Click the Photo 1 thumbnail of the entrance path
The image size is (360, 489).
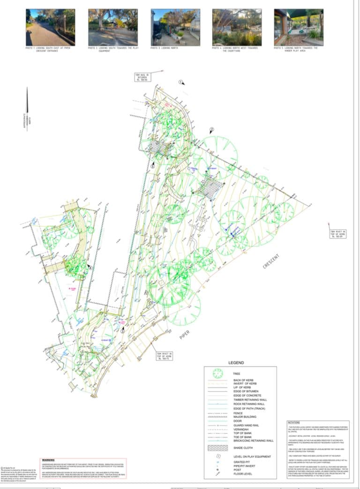point(50,27)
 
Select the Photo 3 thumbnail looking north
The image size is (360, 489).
point(175,27)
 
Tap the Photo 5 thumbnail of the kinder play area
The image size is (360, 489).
point(299,27)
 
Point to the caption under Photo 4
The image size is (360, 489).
point(236,49)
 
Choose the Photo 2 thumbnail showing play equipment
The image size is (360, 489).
point(112,27)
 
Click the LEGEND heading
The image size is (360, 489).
point(236,362)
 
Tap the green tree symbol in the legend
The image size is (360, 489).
point(218,374)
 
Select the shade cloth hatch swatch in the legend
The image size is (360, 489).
point(218,448)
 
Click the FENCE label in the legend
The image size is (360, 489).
point(238,413)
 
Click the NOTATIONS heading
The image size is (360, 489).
point(293,423)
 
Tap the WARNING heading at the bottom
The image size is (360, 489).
point(48,460)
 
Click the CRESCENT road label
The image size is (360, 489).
point(271,262)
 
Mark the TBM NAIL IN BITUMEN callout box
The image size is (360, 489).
point(142,76)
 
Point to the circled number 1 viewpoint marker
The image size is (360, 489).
point(180,82)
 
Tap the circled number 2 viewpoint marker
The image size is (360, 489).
point(211,129)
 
